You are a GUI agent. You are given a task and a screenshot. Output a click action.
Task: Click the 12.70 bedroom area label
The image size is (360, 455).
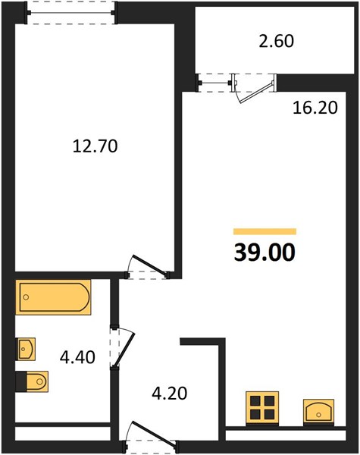pos(95,146)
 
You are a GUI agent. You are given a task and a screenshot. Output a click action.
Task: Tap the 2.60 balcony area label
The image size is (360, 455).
pos(276,41)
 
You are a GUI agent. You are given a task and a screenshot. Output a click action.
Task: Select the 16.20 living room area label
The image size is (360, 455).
pos(315,108)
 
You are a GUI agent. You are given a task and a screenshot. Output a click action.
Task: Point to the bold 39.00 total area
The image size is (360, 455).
pos(265,253)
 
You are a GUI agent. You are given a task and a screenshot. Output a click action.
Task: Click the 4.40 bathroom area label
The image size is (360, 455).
pos(77,357)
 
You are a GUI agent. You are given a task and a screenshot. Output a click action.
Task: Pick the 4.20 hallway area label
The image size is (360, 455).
pos(170,394)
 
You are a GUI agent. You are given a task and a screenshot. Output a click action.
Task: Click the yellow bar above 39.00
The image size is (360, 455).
pos(265,231)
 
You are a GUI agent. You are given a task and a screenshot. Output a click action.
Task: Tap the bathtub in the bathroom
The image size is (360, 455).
pos(53,297)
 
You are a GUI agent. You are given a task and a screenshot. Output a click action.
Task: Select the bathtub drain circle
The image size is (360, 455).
pos(26,297)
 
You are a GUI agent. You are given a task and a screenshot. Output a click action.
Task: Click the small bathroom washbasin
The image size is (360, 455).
pos(26,349)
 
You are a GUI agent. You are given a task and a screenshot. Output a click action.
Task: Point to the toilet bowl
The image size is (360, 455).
pos(37,381)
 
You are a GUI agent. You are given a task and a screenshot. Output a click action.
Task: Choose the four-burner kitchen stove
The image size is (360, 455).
pos(262,408)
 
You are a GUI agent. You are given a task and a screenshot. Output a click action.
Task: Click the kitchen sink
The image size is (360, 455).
pos(318,411)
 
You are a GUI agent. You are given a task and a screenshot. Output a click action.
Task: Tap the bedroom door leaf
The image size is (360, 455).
pos(150,265)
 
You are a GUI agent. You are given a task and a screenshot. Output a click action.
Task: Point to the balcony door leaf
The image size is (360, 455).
pos(256,93)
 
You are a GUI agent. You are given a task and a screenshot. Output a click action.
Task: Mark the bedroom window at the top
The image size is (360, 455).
pos(71,12)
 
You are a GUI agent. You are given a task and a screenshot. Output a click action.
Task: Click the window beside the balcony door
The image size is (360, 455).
pos(215,83)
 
